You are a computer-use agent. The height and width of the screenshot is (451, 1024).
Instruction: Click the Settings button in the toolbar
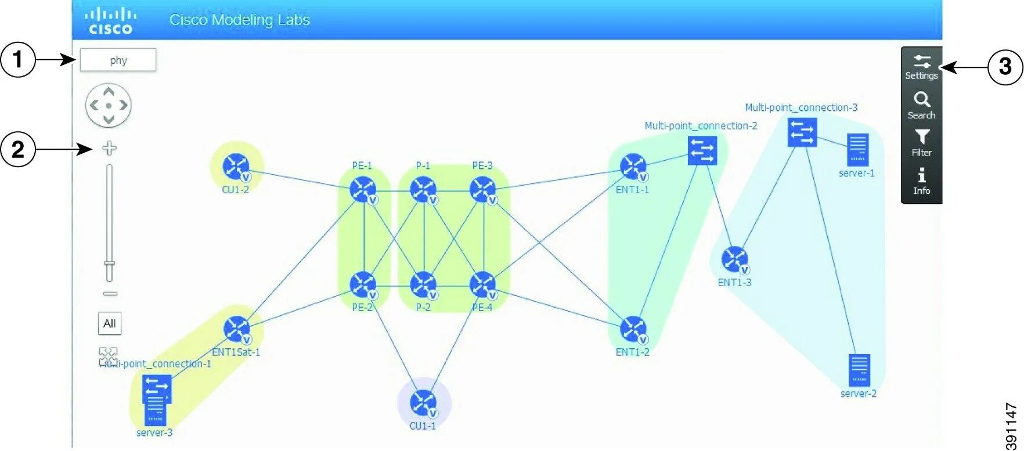coord(921,67)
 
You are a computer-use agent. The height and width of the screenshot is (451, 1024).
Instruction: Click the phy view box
coord(118,60)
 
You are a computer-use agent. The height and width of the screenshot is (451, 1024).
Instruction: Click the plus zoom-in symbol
coord(109,148)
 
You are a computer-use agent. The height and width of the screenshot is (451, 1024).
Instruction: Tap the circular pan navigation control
coord(109,105)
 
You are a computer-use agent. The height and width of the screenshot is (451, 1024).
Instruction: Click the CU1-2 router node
coord(236,167)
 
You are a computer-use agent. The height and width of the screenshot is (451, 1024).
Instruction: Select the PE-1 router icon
coord(363,189)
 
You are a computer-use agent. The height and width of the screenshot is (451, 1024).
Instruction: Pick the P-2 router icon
coord(423,284)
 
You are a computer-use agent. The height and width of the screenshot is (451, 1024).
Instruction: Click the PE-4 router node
coord(483,284)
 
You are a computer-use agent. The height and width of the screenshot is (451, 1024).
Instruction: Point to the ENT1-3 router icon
coord(735,259)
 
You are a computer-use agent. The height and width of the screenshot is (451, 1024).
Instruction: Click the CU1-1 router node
coord(423,403)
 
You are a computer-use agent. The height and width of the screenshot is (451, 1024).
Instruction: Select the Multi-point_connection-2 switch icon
coord(702,150)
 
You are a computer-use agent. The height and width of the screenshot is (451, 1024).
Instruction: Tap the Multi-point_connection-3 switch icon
coord(802,132)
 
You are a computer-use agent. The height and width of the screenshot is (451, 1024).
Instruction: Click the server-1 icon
coord(857,150)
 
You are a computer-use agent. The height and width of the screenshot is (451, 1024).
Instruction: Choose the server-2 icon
coord(859,370)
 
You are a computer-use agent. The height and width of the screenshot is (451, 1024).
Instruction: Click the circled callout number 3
coord(1005,67)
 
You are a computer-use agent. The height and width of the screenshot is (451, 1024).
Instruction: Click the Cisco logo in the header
coord(111,20)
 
